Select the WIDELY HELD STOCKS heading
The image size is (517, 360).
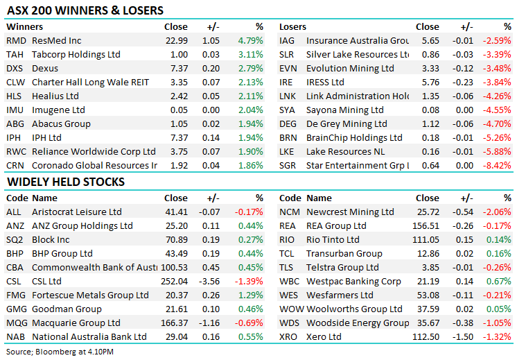66,182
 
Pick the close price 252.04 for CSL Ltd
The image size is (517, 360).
174,282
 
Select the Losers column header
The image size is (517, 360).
292,27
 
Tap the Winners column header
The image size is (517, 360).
24,27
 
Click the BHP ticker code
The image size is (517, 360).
15,254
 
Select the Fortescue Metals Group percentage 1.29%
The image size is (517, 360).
250,295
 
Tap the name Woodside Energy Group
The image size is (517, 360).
358,323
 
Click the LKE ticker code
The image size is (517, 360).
288,152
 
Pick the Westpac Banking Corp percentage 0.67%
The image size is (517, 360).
500,282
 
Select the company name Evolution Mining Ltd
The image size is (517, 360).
350,69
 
